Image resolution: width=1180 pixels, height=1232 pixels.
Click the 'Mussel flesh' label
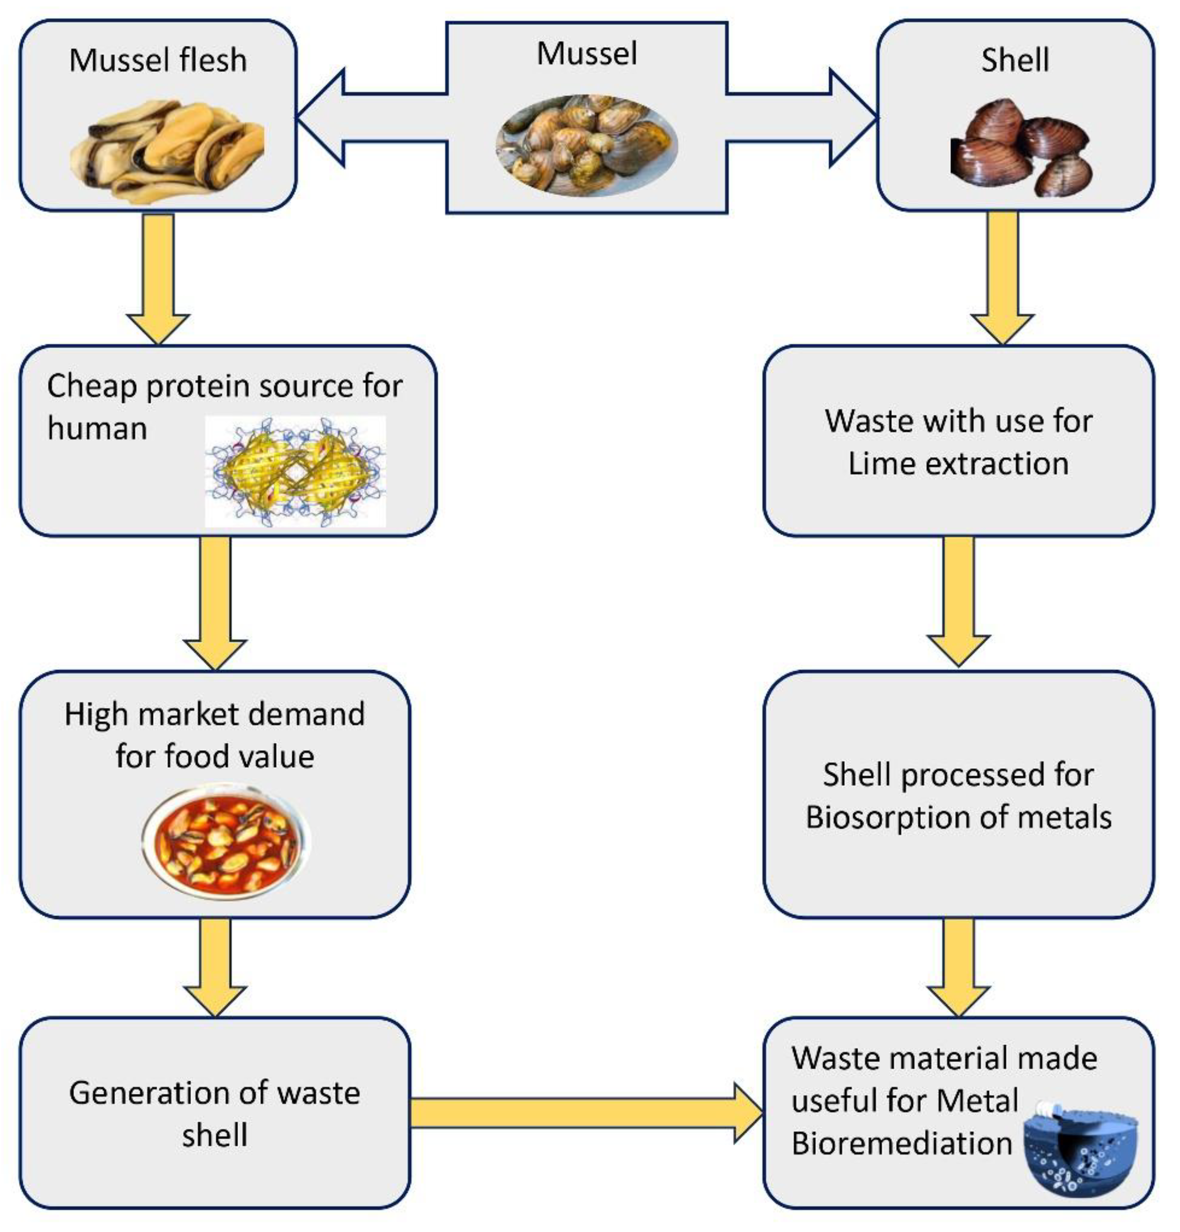pyautogui.click(x=158, y=61)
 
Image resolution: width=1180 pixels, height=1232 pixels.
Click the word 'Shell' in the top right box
pyautogui.click(x=1015, y=61)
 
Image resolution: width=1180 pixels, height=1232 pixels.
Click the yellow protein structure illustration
pyautogui.click(x=295, y=471)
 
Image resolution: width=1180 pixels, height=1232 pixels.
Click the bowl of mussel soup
pyautogui.click(x=226, y=839)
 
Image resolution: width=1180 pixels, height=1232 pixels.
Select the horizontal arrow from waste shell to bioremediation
pyautogui.click(x=584, y=1112)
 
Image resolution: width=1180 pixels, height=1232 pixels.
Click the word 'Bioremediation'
pyautogui.click(x=902, y=1143)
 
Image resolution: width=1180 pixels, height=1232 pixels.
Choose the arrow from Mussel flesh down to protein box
pyautogui.click(x=158, y=277)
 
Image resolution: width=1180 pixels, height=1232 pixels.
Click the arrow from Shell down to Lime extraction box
pyautogui.click(x=1002, y=277)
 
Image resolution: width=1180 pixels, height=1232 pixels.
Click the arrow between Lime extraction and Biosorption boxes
pyautogui.click(x=958, y=600)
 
